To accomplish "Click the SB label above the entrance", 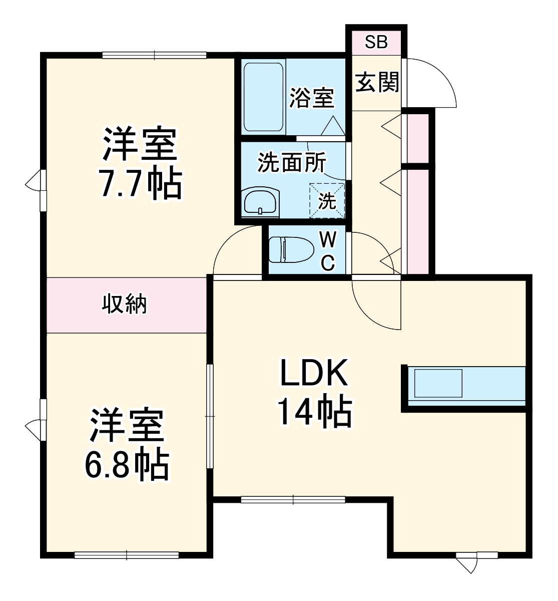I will coord(376,43).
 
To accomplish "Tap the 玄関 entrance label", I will coord(377,82).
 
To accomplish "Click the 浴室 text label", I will coord(312,98).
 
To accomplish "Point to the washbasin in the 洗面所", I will coord(260,202).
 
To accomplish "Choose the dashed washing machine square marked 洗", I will coord(327,201).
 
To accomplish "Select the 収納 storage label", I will coord(125,304).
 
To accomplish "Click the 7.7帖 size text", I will coord(140,185).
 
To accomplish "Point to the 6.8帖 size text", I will coord(126,465).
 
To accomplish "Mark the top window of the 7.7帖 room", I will coord(154,55).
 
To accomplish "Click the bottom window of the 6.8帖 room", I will coord(127,554).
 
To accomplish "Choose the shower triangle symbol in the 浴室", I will coord(332,126).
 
